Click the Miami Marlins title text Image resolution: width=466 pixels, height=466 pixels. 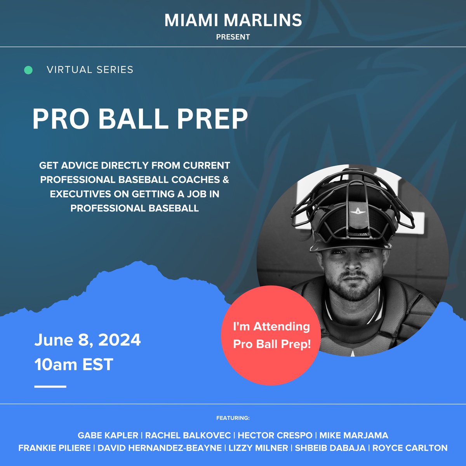(233, 20)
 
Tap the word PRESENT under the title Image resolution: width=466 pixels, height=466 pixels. (233, 37)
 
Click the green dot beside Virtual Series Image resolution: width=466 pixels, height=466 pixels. (28, 70)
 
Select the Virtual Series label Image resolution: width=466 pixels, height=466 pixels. (90, 70)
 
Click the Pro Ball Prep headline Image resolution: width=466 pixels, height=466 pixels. (140, 119)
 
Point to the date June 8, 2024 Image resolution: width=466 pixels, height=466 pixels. (87, 340)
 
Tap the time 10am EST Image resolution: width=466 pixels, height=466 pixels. (74, 365)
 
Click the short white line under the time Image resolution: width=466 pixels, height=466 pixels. (50, 386)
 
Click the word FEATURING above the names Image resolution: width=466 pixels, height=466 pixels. (233, 418)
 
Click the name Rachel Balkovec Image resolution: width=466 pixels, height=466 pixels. (188, 436)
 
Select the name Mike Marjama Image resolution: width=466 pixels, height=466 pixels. (354, 436)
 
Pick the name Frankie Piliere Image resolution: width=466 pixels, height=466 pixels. (54, 448)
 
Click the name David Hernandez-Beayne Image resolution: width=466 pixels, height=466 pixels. (159, 448)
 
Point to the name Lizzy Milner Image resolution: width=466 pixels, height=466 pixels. (258, 448)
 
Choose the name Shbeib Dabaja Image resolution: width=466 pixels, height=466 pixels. (330, 448)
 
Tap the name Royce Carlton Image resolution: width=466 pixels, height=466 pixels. (410, 448)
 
